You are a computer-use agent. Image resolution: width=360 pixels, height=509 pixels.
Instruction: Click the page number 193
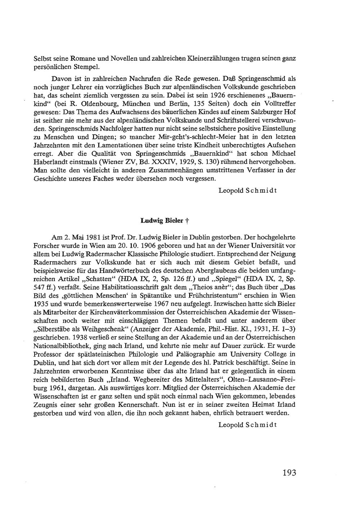click(289, 472)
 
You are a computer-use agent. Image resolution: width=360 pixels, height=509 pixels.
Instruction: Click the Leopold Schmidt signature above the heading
click(247, 190)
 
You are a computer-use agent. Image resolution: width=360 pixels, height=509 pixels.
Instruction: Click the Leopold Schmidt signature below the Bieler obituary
click(247, 424)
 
